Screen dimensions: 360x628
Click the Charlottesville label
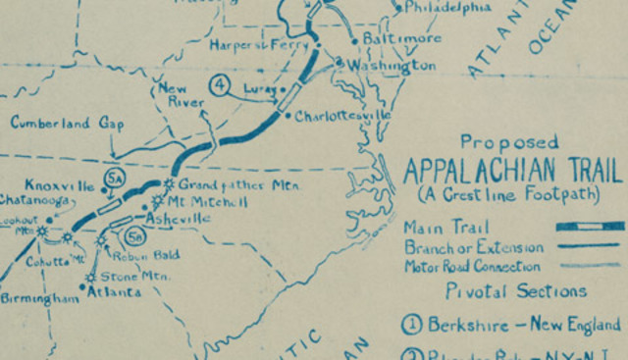coord(342,116)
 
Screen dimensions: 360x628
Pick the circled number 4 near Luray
coord(220,86)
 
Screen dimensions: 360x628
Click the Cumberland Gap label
coord(62,124)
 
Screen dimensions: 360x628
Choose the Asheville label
coord(177,218)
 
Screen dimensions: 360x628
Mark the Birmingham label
coord(39,298)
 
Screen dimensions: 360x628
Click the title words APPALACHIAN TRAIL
coord(512,169)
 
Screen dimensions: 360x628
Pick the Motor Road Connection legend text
coord(472,265)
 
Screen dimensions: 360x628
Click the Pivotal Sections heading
coord(515,290)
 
